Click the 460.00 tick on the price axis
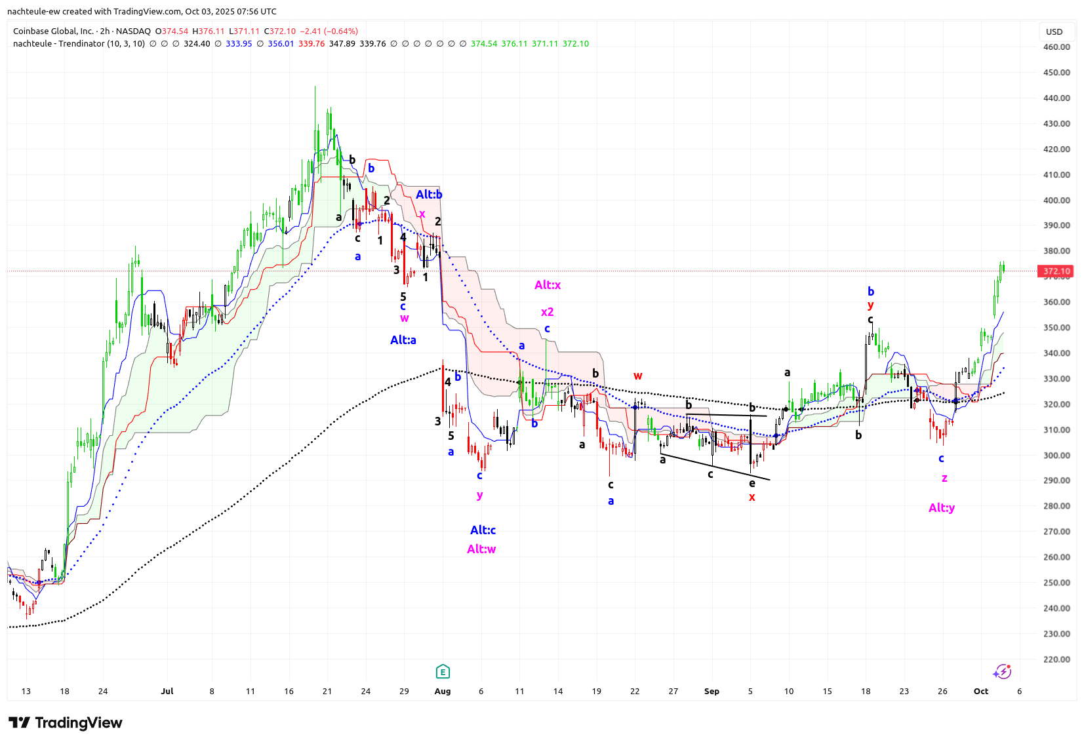pyautogui.click(x=1056, y=47)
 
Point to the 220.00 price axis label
pyautogui.click(x=1056, y=659)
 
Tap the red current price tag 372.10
pyautogui.click(x=1056, y=271)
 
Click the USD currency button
pyautogui.click(x=1054, y=31)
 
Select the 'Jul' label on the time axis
pyautogui.click(x=167, y=691)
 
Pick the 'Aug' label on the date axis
pyautogui.click(x=443, y=691)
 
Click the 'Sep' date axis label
pyautogui.click(x=712, y=691)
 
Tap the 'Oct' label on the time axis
pyautogui.click(x=980, y=691)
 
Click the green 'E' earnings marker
pyautogui.click(x=443, y=671)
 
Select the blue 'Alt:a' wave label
pyautogui.click(x=403, y=340)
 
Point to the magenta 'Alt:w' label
pyautogui.click(x=481, y=549)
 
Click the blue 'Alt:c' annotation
pyautogui.click(x=483, y=530)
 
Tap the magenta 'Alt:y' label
pyautogui.click(x=942, y=507)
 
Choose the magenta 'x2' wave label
pyautogui.click(x=547, y=312)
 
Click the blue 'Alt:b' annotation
pyautogui.click(x=429, y=194)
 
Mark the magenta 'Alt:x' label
pyautogui.click(x=548, y=284)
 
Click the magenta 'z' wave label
pyautogui.click(x=944, y=478)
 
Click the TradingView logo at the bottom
pyautogui.click(x=66, y=722)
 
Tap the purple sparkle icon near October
pyautogui.click(x=1001, y=671)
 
